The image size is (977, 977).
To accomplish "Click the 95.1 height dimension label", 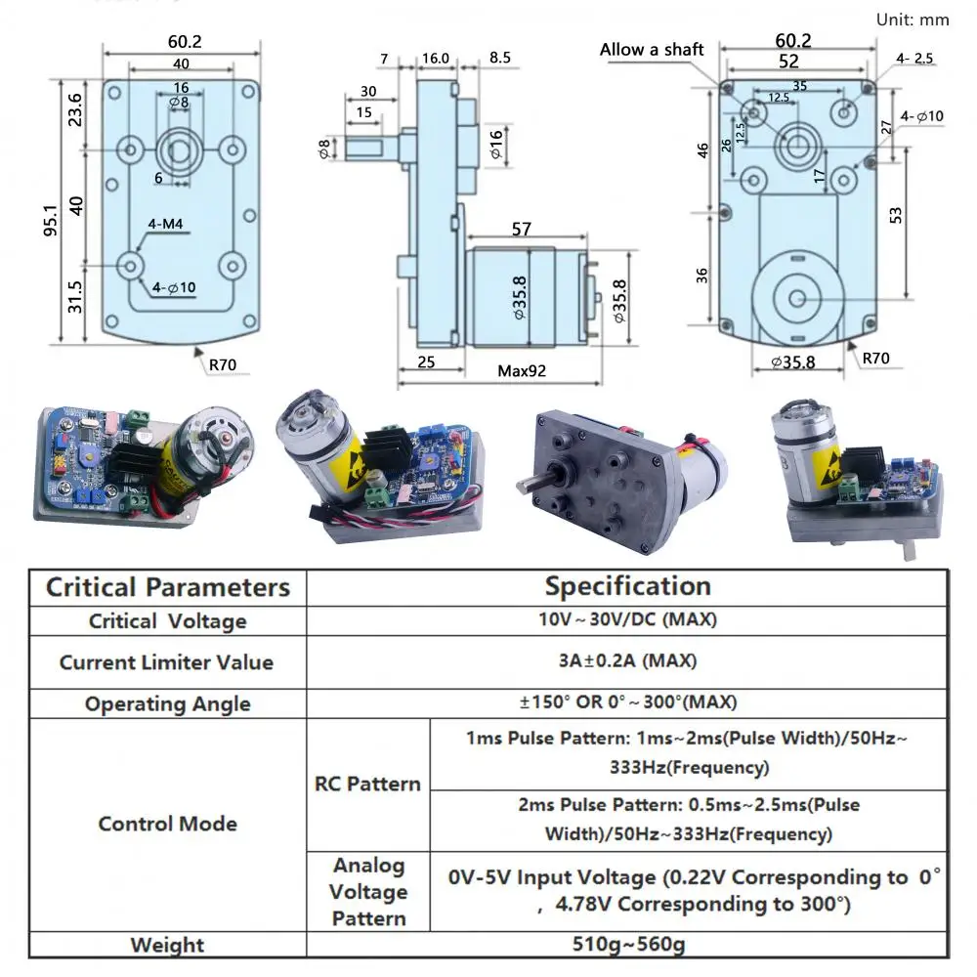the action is pos(51,221).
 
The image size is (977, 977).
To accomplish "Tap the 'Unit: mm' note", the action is pos(913,20).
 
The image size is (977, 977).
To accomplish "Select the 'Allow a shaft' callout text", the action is pos(651,50).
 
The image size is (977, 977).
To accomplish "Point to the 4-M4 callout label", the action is pos(165,224).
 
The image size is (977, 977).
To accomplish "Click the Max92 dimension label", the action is pos(522,371).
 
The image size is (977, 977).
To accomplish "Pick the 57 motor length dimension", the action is pos(522,229).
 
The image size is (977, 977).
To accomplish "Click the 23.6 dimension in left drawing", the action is pos(75,109).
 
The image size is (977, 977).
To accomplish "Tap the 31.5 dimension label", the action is pos(75,297).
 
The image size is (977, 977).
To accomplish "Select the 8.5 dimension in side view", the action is pos(499,58).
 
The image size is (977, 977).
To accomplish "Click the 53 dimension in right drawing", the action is pos(895,215).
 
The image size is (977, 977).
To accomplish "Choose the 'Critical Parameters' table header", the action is pos(168,587).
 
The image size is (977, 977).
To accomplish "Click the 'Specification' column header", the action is pos(627,585).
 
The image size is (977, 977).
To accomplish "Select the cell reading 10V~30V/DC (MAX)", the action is pos(627,619).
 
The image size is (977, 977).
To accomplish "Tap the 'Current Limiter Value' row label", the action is pos(166,662).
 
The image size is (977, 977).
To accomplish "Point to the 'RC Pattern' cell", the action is pos(367,784).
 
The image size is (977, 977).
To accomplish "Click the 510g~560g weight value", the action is pos(628,944).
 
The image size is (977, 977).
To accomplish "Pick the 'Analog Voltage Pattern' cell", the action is pos(368,892).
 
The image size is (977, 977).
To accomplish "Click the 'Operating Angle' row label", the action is pos(168,704).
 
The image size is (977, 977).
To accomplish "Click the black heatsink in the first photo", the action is pos(132,458).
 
